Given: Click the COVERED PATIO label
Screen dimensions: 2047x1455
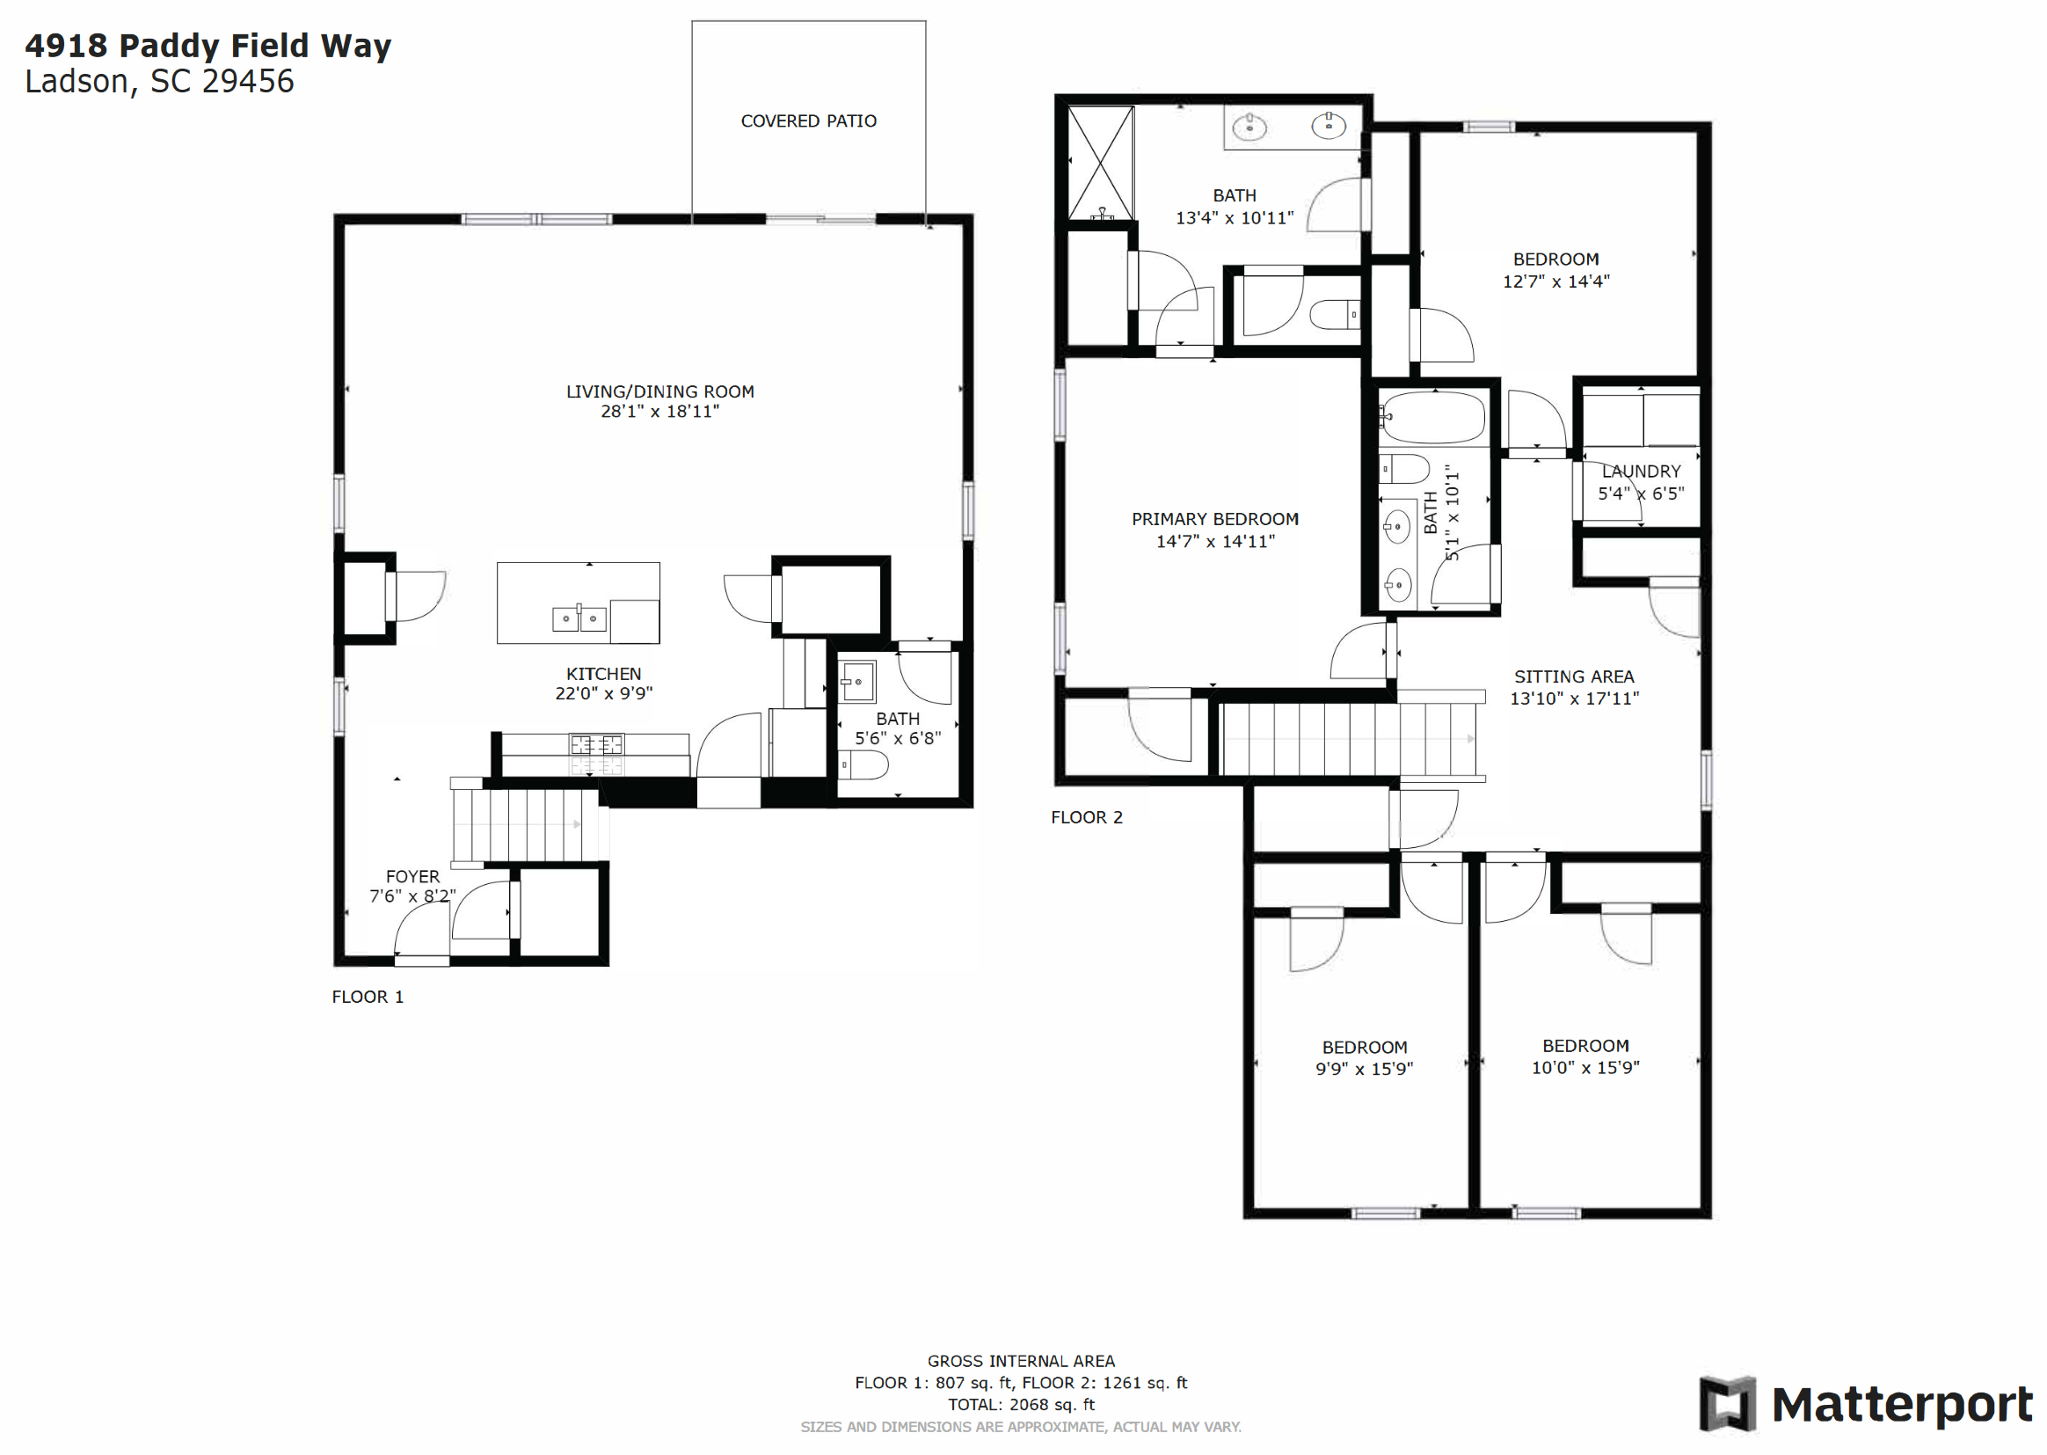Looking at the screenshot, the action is point(808,121).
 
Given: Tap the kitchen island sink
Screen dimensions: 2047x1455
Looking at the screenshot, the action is point(579,618).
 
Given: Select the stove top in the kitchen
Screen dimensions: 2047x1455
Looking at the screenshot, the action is point(596,744).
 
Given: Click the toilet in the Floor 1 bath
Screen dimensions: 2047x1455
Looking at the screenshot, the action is point(863,765).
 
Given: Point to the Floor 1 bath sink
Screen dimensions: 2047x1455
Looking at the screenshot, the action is point(857,682).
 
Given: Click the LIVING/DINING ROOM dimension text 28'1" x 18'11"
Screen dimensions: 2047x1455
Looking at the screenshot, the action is point(659,411).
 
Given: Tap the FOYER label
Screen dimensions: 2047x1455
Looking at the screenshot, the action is point(412,876).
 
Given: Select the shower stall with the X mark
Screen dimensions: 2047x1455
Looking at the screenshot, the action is point(1101,163).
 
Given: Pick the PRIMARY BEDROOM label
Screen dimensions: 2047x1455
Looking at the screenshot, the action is point(1214,519).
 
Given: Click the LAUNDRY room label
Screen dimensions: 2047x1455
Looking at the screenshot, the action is point(1641,472).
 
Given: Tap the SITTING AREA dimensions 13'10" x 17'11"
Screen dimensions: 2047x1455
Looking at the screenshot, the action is point(1573,698).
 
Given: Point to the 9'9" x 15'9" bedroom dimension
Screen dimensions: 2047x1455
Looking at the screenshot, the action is point(1364,1068).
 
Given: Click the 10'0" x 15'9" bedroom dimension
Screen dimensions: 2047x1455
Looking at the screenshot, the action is point(1585,1067).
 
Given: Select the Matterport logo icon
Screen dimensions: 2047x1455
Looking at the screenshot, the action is point(1727,1404).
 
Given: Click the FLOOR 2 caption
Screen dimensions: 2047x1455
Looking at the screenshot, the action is point(1086,817).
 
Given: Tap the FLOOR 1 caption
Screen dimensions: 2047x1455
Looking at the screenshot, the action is point(368,998).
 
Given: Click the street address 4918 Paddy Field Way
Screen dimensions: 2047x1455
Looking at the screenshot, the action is point(208,45).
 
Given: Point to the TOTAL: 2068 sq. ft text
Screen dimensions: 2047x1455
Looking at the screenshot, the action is point(1021,1404).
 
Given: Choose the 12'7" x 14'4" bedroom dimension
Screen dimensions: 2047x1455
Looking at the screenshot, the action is point(1555,281).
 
